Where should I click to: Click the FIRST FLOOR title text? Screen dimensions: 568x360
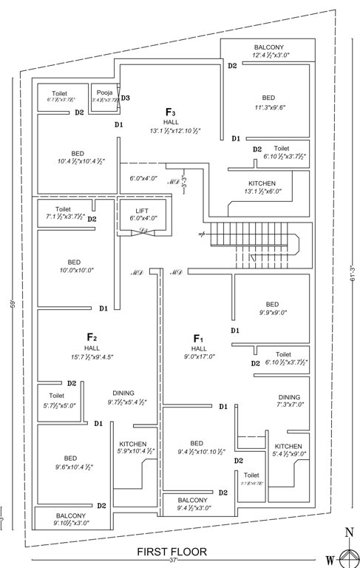tap(175, 551)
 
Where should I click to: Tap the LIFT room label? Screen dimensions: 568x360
tap(142, 211)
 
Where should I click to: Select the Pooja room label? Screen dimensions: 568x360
tap(103, 92)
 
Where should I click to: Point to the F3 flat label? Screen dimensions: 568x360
tap(170, 112)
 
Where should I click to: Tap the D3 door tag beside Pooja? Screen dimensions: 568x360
tap(126, 98)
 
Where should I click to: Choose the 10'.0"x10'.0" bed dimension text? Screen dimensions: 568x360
tap(75, 271)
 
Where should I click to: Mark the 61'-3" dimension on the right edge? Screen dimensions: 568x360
tap(353, 274)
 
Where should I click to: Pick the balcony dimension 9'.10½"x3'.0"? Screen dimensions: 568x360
tap(71, 524)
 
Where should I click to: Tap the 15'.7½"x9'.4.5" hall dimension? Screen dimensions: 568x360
tap(92, 357)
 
